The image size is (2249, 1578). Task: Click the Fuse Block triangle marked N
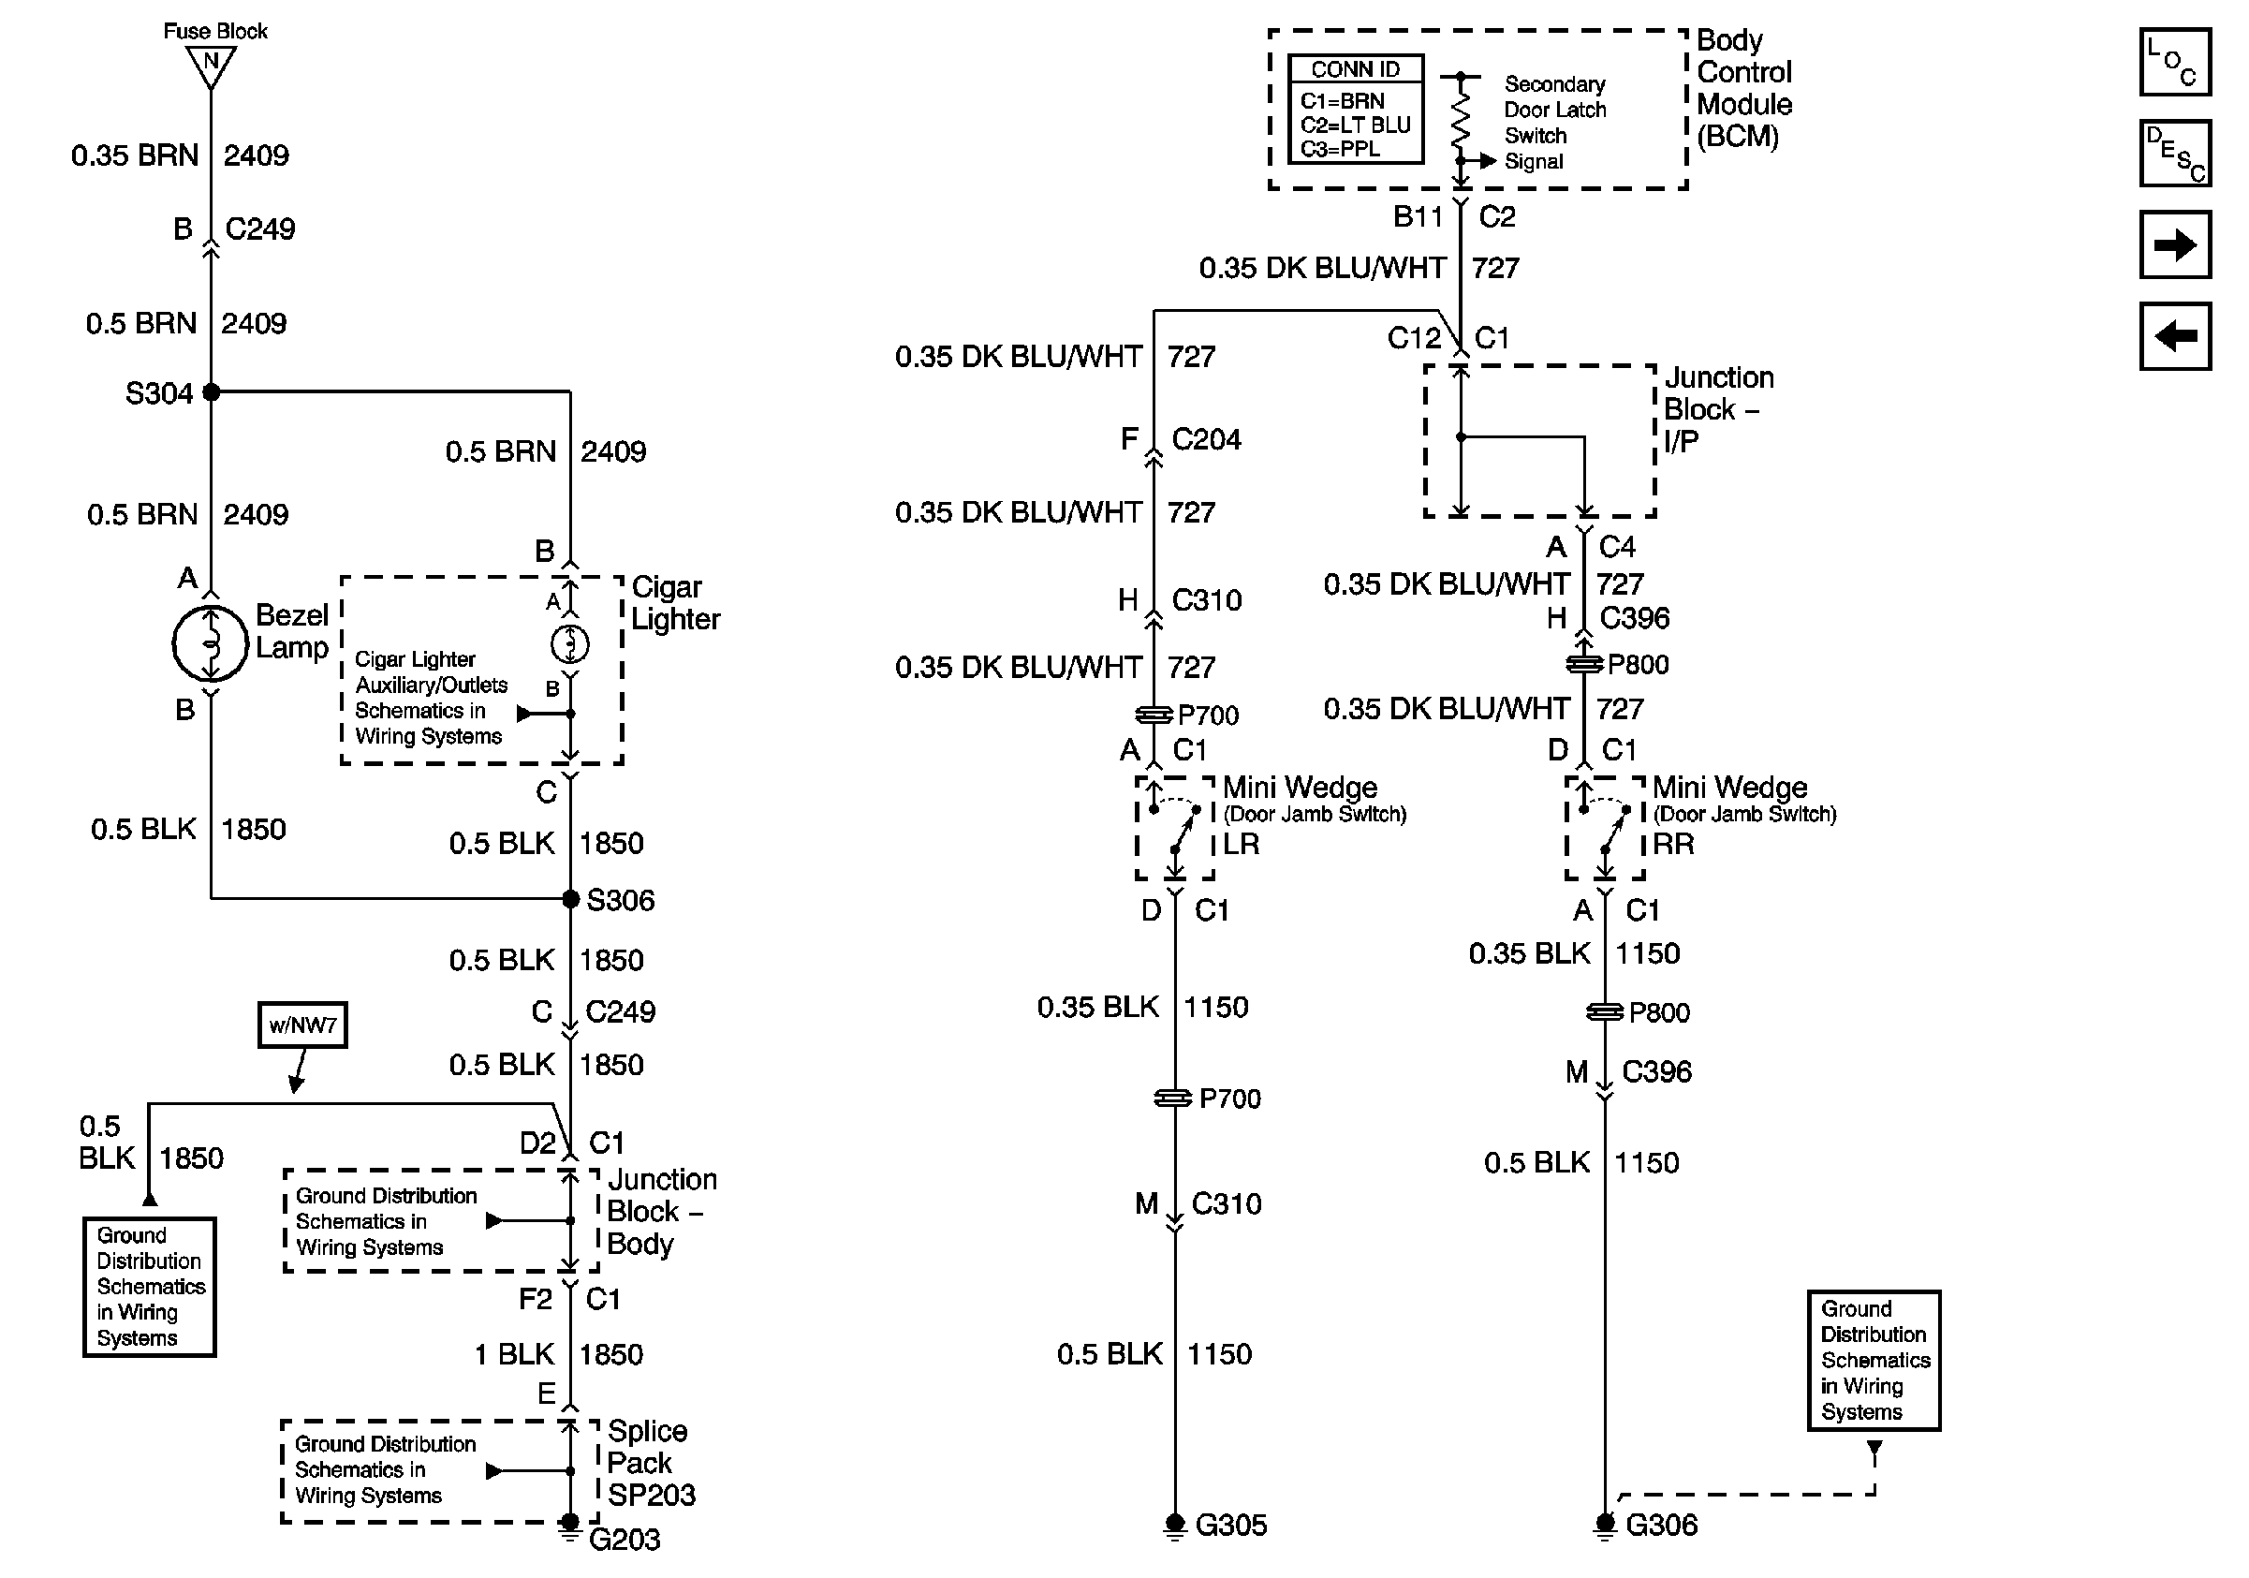[x=211, y=66]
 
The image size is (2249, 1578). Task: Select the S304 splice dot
[x=212, y=391]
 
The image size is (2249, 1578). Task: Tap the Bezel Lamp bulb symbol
[x=211, y=643]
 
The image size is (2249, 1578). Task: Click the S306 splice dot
[x=570, y=898]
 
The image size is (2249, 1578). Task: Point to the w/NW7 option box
[x=302, y=1025]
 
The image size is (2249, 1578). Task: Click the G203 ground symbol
[x=569, y=1526]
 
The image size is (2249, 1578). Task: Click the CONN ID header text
[x=1355, y=69]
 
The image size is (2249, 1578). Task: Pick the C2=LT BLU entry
[x=1355, y=125]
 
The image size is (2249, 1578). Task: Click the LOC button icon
[x=2174, y=62]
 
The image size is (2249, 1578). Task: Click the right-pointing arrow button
[x=2174, y=243]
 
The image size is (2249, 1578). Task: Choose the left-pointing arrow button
[x=2174, y=336]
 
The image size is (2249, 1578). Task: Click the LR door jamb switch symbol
[x=1174, y=829]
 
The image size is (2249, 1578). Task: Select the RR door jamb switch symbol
[x=1605, y=829]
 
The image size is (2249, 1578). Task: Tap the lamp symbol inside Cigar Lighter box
[x=570, y=643]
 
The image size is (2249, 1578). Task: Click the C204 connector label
[x=1206, y=439]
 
